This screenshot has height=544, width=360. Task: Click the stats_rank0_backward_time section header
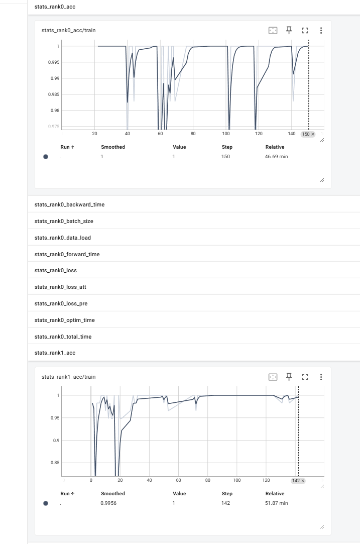(x=69, y=204)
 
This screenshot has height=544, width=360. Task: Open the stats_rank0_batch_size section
(x=64, y=221)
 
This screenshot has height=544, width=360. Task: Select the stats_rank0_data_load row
(x=63, y=238)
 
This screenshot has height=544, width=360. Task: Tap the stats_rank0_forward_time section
(x=67, y=254)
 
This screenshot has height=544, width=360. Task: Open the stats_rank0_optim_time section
(x=65, y=320)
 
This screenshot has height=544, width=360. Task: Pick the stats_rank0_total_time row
(x=63, y=337)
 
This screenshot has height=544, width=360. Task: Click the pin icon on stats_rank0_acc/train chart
(x=289, y=30)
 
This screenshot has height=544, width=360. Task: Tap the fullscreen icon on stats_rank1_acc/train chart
(x=305, y=377)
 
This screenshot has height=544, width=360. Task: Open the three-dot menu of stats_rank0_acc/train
(x=321, y=30)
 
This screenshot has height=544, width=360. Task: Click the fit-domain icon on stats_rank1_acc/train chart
(x=273, y=377)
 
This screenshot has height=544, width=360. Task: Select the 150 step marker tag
(x=308, y=134)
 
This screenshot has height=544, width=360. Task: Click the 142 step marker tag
(x=298, y=481)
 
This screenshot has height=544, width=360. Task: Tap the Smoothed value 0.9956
(x=108, y=503)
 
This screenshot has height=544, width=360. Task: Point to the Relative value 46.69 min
(x=277, y=156)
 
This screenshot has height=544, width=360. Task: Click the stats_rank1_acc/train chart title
(x=68, y=377)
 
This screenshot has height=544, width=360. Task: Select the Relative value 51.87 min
(x=277, y=503)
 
